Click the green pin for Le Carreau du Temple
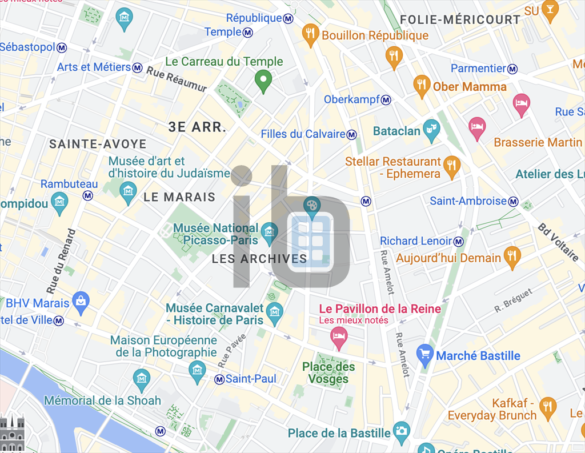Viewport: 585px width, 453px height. tap(263, 81)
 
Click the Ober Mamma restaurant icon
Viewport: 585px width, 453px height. tap(422, 86)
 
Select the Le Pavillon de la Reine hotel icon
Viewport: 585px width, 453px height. tap(339, 338)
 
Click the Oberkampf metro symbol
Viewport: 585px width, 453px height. tap(387, 100)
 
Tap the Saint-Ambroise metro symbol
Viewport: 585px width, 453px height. tap(514, 201)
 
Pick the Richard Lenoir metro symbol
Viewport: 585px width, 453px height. tap(458, 242)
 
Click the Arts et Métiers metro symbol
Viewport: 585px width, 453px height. tap(137, 68)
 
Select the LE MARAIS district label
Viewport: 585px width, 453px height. tap(179, 198)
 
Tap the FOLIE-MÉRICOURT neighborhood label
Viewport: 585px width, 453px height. tap(460, 20)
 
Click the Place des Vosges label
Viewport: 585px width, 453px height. tap(328, 373)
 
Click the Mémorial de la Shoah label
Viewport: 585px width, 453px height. tap(102, 400)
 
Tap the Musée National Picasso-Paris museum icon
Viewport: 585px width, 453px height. tap(269, 232)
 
